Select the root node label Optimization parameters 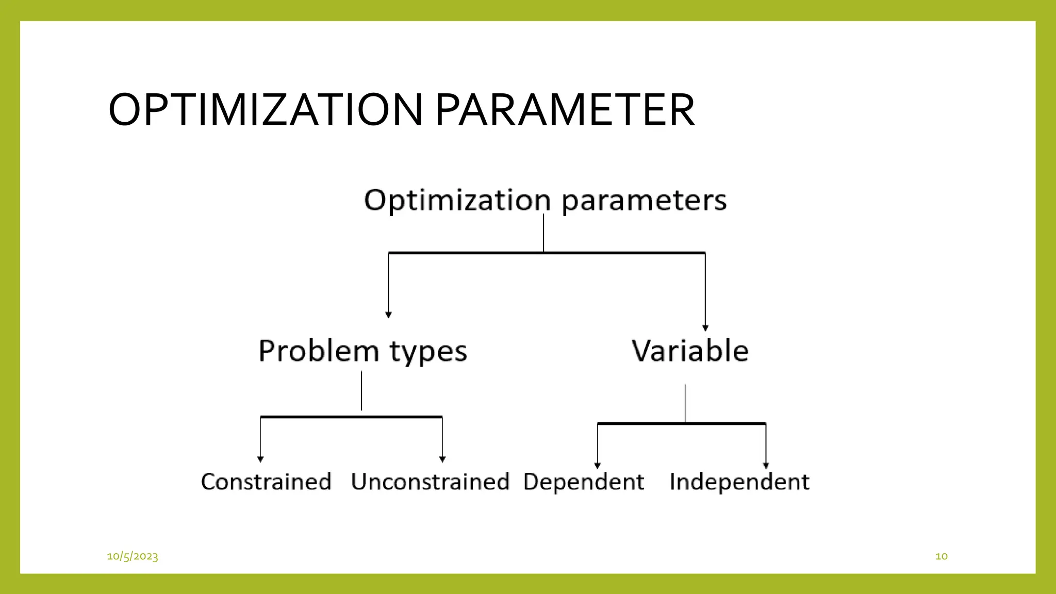pyautogui.click(x=545, y=200)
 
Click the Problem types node pyautogui.click(x=362, y=352)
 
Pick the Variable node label pyautogui.click(x=690, y=351)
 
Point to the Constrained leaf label pyautogui.click(x=266, y=482)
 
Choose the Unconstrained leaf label pyautogui.click(x=430, y=482)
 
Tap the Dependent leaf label pyautogui.click(x=584, y=482)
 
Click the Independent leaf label pyautogui.click(x=739, y=482)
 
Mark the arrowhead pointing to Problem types pyautogui.click(x=388, y=315)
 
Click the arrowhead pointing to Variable pyautogui.click(x=705, y=328)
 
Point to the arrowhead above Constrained pyautogui.click(x=260, y=459)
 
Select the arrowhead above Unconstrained pyautogui.click(x=442, y=459)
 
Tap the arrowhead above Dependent pyautogui.click(x=598, y=466)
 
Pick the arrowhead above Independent pyautogui.click(x=766, y=466)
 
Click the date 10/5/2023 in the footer pyautogui.click(x=133, y=556)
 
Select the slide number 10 pyautogui.click(x=941, y=556)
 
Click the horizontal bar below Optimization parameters pyautogui.click(x=547, y=253)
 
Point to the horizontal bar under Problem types pyautogui.click(x=351, y=416)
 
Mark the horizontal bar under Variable pyautogui.click(x=682, y=423)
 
